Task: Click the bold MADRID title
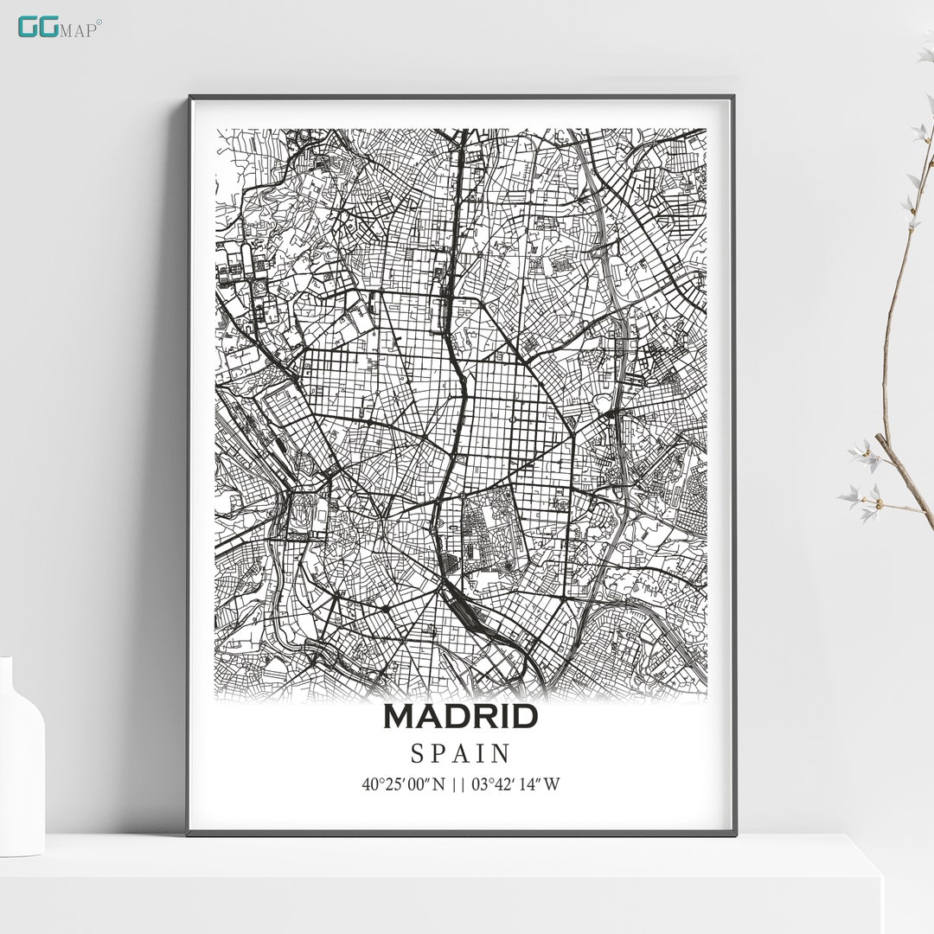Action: click(461, 716)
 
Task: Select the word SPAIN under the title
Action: click(461, 754)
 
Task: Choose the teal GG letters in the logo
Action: click(39, 27)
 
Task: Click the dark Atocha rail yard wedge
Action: click(471, 610)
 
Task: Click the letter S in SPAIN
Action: click(417, 754)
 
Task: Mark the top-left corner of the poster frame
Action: click(190, 98)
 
